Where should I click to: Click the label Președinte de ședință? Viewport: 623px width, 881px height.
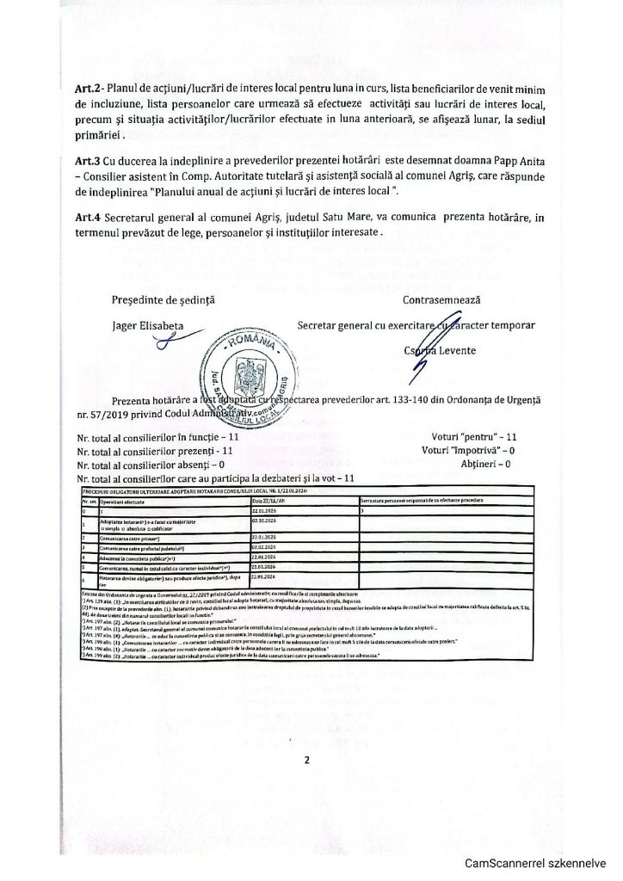pyautogui.click(x=163, y=300)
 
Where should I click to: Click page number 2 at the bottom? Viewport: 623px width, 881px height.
pyautogui.click(x=307, y=761)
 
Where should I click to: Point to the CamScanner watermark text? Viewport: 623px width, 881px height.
pyautogui.click(x=535, y=864)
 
